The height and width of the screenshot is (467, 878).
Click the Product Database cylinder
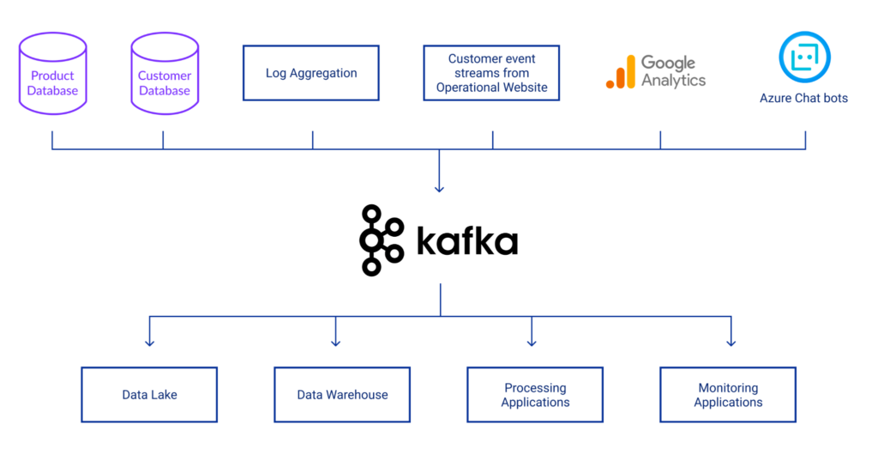click(x=52, y=75)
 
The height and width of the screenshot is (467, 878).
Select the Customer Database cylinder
click(x=164, y=75)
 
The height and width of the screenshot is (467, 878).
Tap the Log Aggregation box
click(x=311, y=73)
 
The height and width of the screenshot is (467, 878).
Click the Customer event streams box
click(x=491, y=73)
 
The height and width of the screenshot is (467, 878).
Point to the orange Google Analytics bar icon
click(x=621, y=72)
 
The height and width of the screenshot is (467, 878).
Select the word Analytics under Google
click(x=673, y=81)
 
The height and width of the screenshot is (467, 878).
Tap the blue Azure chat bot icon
click(x=804, y=58)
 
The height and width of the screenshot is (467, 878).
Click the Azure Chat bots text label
click(x=803, y=98)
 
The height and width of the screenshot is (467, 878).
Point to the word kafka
click(x=467, y=242)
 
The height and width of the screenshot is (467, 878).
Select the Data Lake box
click(x=149, y=395)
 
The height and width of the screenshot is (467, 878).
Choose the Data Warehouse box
click(x=342, y=395)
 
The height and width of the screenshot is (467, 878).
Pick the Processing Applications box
click(x=535, y=395)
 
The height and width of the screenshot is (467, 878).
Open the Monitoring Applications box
click(x=728, y=395)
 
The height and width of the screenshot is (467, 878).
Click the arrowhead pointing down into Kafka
click(x=439, y=188)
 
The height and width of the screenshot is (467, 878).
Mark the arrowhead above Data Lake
click(x=149, y=343)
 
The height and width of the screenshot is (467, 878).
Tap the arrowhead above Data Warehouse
click(x=335, y=343)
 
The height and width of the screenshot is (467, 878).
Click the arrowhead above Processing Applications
click(x=532, y=343)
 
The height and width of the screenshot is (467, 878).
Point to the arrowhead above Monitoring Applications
click(x=731, y=343)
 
